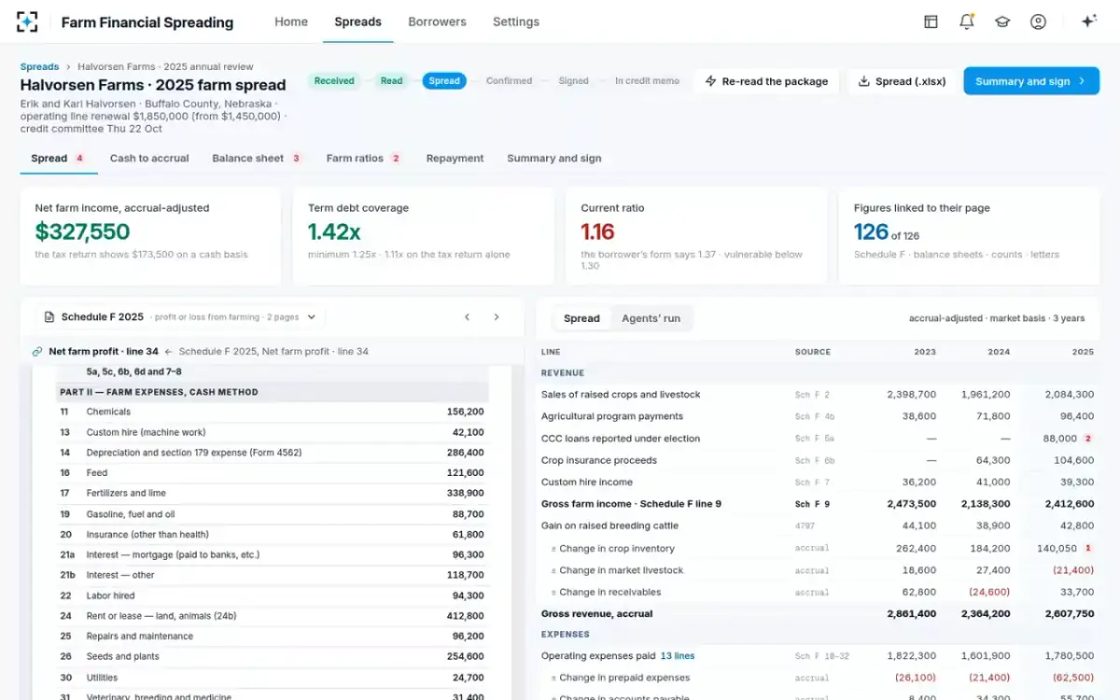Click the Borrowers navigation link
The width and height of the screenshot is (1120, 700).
(x=437, y=21)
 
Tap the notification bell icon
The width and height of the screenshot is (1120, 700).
(x=967, y=21)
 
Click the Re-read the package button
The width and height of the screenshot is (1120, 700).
(x=766, y=81)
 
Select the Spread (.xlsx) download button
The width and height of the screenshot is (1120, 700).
(x=902, y=81)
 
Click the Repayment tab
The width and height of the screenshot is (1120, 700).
(x=455, y=158)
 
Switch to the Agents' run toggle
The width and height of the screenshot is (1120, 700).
(x=651, y=318)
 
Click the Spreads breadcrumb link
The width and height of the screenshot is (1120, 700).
(x=39, y=66)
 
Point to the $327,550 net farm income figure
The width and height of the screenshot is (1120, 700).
(x=82, y=231)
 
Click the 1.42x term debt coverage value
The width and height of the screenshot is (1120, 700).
(x=334, y=231)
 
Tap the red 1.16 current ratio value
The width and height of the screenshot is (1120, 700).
(x=597, y=231)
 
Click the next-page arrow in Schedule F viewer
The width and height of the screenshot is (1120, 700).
(x=496, y=317)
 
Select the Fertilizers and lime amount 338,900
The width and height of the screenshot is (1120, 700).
(x=465, y=493)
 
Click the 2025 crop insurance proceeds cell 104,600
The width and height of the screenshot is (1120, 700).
(x=1073, y=460)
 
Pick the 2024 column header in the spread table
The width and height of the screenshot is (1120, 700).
(x=999, y=352)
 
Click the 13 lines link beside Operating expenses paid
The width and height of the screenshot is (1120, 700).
(x=677, y=655)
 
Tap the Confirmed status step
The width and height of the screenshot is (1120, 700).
(x=509, y=80)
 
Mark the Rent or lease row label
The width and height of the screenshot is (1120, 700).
(x=161, y=616)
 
